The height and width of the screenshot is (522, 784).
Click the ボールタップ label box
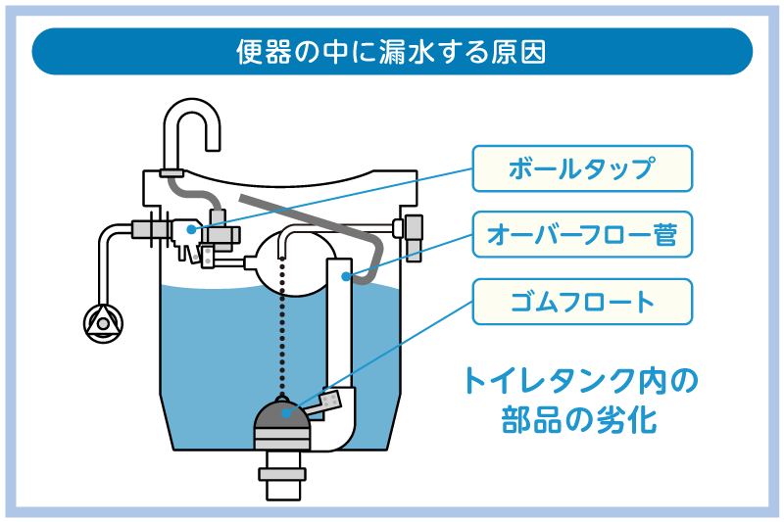pyautogui.click(x=582, y=168)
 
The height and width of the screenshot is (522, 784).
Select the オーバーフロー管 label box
pyautogui.click(x=582, y=234)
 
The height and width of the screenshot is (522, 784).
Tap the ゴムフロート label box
pyautogui.click(x=582, y=302)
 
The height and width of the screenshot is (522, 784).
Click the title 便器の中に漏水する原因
pyautogui.click(x=391, y=52)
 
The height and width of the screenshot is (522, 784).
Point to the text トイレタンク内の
pyautogui.click(x=580, y=381)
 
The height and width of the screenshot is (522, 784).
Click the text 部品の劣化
pyautogui.click(x=579, y=419)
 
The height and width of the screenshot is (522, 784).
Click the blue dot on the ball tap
pyautogui.click(x=191, y=229)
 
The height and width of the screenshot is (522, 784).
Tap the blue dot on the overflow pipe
pyautogui.click(x=346, y=276)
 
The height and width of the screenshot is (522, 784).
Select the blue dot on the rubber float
pyautogui.click(x=286, y=413)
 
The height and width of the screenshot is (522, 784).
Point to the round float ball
pyautogui.click(x=297, y=264)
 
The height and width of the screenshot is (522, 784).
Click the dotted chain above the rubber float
pyautogui.click(x=282, y=326)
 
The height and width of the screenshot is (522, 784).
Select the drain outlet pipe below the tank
pyautogui.click(x=283, y=475)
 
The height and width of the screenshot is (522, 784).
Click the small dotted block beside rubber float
pyautogui.click(x=330, y=403)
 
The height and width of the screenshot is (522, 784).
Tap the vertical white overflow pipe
pyautogui.click(x=339, y=325)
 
